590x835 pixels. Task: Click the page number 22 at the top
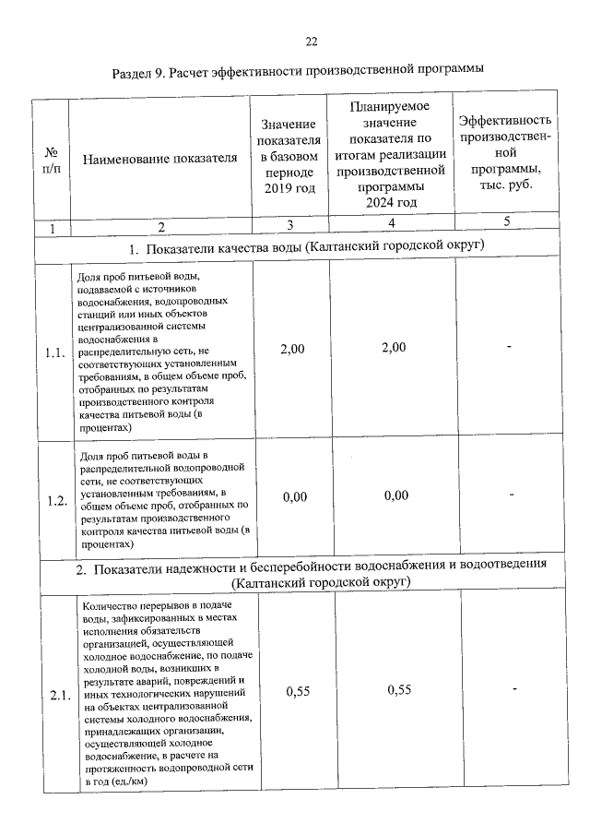[x=311, y=42]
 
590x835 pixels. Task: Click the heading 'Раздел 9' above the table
[x=298, y=71]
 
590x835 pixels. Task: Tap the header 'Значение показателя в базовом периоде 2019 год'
[x=289, y=156]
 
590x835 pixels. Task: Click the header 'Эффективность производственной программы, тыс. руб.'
[x=506, y=151]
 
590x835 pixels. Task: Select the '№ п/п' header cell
[x=52, y=158]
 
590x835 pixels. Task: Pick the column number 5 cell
[x=506, y=221]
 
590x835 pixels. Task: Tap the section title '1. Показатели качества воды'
[x=306, y=246]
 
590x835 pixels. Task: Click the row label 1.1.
[x=54, y=351]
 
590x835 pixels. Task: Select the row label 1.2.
[x=54, y=500]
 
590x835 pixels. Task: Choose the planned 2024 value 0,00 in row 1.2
[x=395, y=495]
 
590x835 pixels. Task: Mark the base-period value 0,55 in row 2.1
[x=297, y=690]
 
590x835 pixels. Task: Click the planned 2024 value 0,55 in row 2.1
[x=399, y=689]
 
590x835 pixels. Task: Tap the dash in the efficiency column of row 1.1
[x=508, y=346]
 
